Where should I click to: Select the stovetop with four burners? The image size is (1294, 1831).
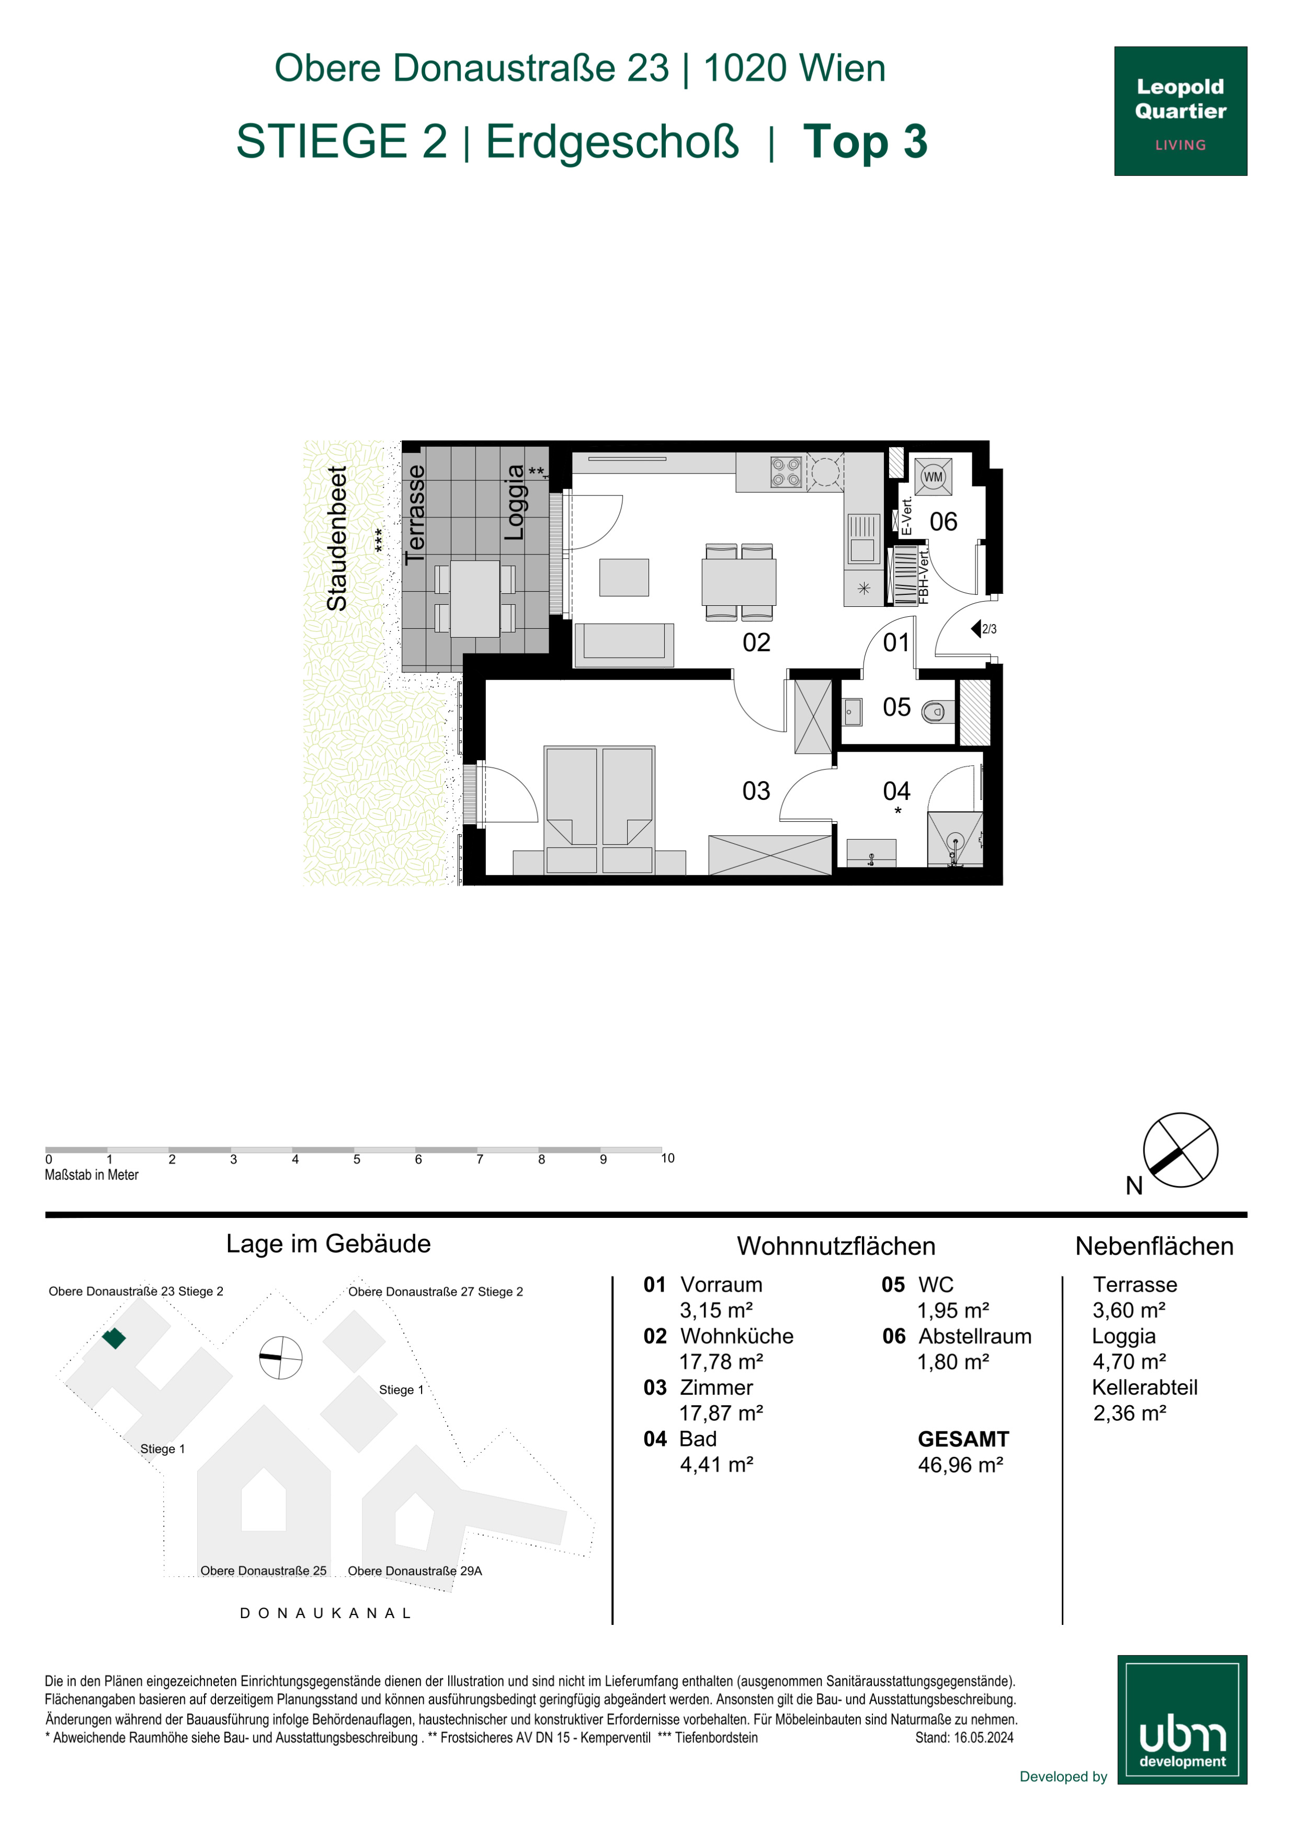pos(785,471)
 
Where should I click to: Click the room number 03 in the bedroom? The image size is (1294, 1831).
pos(756,790)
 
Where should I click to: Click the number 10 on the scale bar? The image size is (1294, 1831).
pos(667,1158)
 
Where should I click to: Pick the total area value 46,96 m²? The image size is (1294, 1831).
pos(960,1465)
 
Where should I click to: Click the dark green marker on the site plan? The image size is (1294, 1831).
pos(114,1338)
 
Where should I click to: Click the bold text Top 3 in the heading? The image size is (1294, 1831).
pos(865,141)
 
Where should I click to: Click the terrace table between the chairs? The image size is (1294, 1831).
pos(475,598)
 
